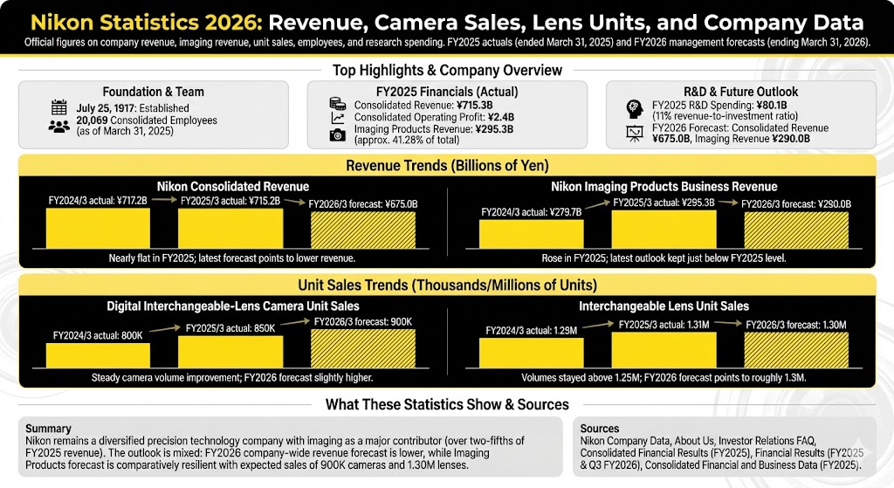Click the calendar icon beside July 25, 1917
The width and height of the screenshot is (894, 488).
[x=59, y=108]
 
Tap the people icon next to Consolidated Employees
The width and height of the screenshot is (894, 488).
[x=59, y=126]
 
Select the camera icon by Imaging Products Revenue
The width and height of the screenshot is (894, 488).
[x=337, y=134]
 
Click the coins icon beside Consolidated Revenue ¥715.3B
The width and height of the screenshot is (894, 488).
[x=337, y=105]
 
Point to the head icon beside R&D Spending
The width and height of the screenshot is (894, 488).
[x=635, y=109]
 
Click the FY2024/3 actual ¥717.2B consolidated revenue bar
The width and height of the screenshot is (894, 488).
[x=98, y=228]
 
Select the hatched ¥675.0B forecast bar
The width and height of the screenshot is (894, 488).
[x=363, y=230]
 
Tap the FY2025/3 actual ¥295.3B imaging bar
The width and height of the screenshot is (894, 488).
[x=664, y=230]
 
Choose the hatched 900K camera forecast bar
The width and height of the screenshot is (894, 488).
[x=363, y=348]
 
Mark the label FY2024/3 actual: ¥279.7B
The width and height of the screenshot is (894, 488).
[x=531, y=212]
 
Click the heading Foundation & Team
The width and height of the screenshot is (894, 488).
[x=153, y=92]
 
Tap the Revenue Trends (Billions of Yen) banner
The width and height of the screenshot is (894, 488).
[x=446, y=166]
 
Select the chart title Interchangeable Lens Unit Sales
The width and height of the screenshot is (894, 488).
[x=664, y=306]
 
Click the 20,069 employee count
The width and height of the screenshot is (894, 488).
[x=94, y=120]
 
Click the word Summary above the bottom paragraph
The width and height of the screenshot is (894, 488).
[x=49, y=429]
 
